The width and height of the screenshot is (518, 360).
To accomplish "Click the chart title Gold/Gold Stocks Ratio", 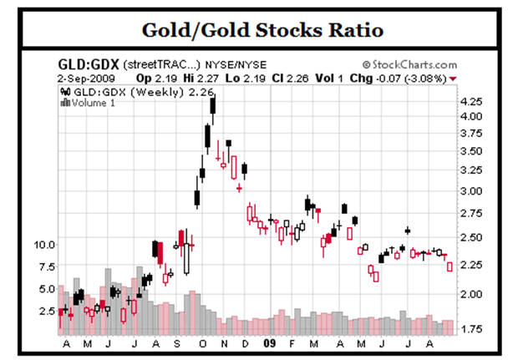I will click(258, 30).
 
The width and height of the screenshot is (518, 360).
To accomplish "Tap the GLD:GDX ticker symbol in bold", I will click(87, 65).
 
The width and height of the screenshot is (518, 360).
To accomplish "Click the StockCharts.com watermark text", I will click(414, 65).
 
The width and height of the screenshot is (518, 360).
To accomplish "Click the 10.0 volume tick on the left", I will click(44, 246).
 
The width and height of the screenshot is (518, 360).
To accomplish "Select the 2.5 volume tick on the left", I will click(47, 310).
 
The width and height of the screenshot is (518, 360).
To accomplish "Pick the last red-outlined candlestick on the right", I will click(450, 266).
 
